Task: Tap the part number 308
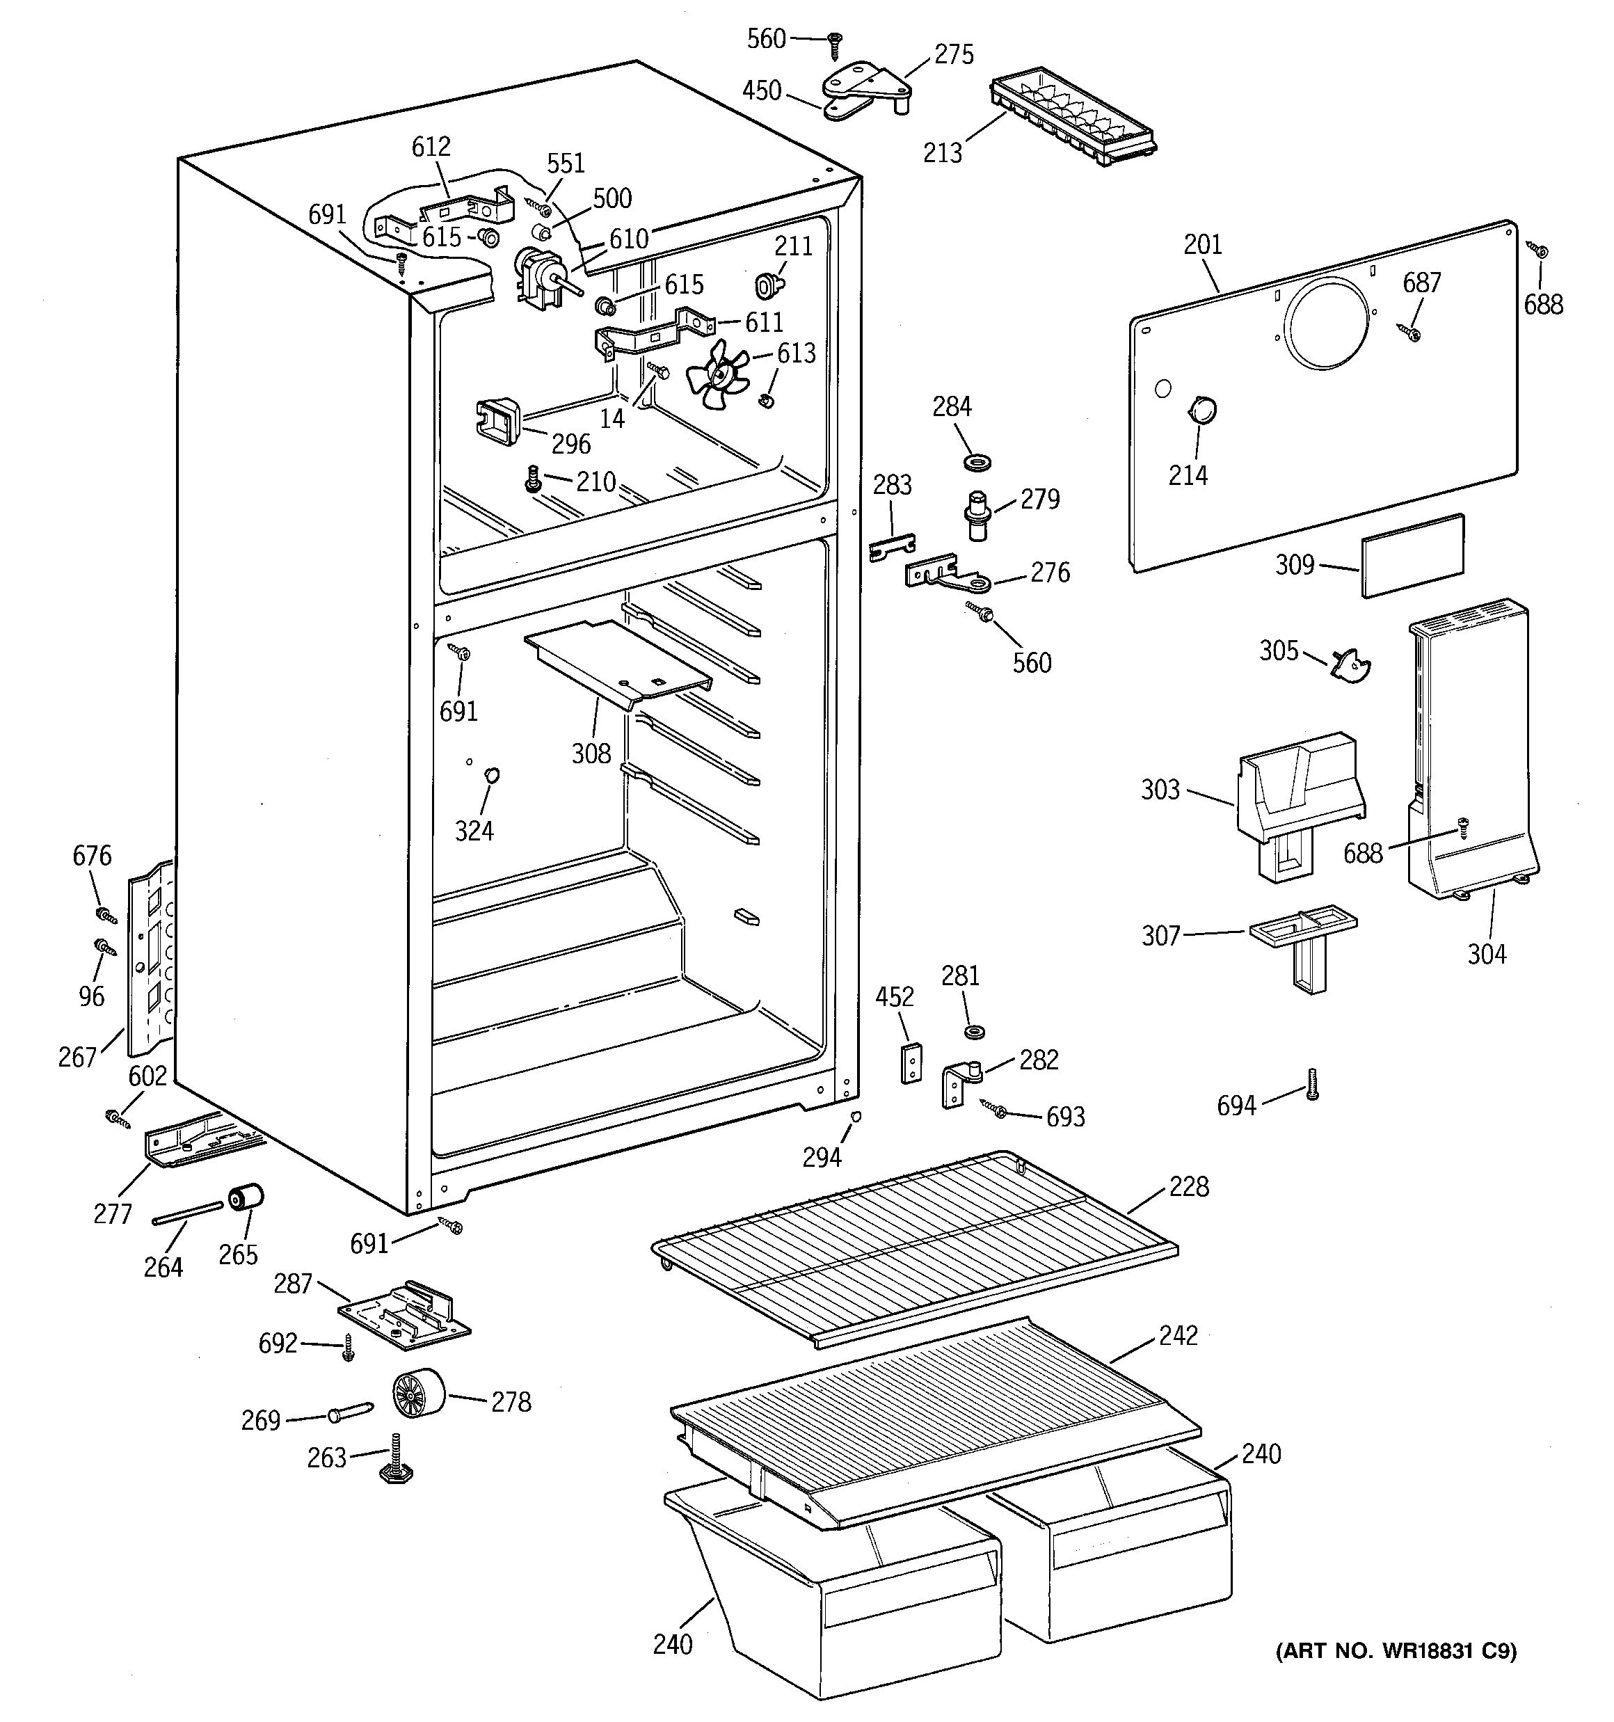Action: tap(592, 754)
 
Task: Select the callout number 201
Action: tap(1202, 245)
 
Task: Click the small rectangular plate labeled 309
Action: tap(1413, 555)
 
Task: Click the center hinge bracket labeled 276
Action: tap(947, 573)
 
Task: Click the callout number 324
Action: tap(474, 831)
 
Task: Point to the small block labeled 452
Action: tap(910, 1063)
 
